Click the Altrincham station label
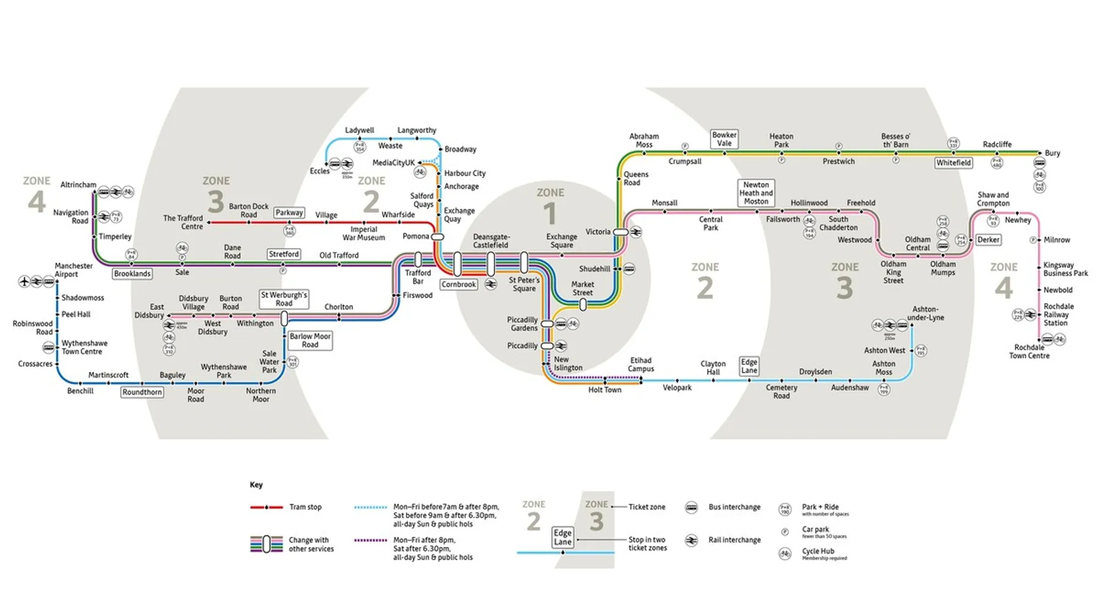pos(78,185)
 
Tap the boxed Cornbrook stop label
pos(459,285)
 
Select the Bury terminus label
pos(1052,153)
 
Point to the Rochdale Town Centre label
pos(1029,351)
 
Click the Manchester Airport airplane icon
pos(24,282)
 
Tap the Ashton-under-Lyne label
pos(925,313)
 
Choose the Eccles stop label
pos(319,171)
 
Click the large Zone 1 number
pos(550,214)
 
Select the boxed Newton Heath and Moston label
pos(756,193)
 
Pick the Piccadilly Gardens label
pos(522,324)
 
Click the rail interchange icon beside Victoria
pos(636,232)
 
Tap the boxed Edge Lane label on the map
pos(749,366)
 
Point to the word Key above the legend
pos(256,485)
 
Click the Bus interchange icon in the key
pos(691,507)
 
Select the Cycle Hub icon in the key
pos(785,554)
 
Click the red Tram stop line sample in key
pos(266,507)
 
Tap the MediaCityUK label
pos(393,163)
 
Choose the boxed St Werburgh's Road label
pos(284,299)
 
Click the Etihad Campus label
pos(640,365)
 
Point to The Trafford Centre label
pos(183,222)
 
